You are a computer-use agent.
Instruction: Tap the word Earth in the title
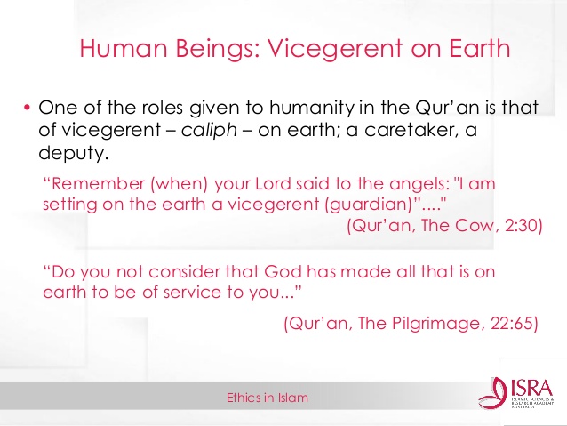tap(480, 48)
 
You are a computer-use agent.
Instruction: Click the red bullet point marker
tap(27, 108)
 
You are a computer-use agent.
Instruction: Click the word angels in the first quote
tap(419, 185)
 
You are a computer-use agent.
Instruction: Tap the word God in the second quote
tap(283, 272)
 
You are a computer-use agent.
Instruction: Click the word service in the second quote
tap(192, 293)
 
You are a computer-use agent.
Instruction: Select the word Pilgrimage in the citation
tap(437, 324)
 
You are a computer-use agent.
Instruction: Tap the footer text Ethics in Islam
tap(268, 398)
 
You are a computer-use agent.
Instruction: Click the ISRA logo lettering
tap(532, 388)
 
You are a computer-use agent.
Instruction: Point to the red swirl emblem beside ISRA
tap(493, 393)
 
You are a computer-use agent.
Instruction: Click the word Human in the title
tap(124, 48)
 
